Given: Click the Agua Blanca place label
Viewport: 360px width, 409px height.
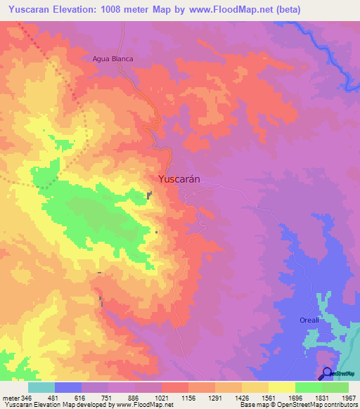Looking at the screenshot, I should point(112,59).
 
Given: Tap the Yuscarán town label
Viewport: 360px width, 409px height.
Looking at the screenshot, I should point(179,179).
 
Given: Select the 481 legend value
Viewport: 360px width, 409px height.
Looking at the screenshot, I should point(54,397).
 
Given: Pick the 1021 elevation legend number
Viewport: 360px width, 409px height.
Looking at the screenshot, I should point(163,397).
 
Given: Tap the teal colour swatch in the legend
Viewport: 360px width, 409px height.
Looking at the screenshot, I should point(41,387).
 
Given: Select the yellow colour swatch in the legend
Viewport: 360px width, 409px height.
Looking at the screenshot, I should point(281,387).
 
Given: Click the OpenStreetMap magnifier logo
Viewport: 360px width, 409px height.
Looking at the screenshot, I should point(327,373).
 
